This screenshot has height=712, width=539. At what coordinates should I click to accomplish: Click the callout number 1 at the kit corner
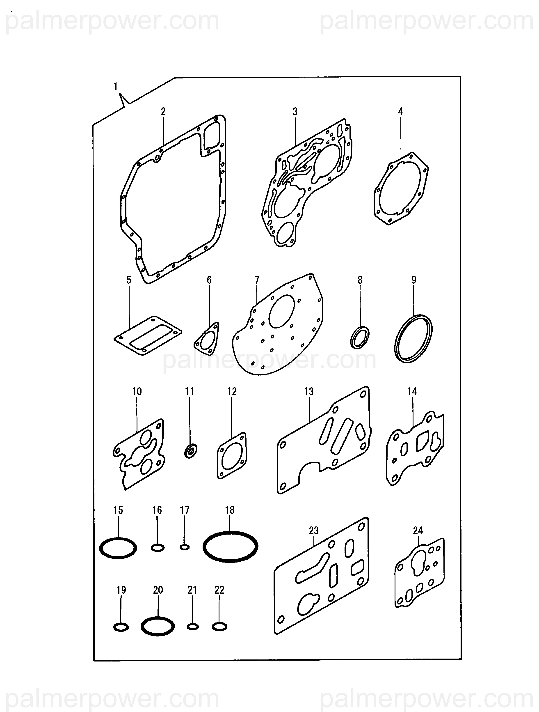116,87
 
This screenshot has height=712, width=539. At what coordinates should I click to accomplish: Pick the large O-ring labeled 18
230,546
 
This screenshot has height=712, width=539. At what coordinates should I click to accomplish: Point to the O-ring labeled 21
192,627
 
